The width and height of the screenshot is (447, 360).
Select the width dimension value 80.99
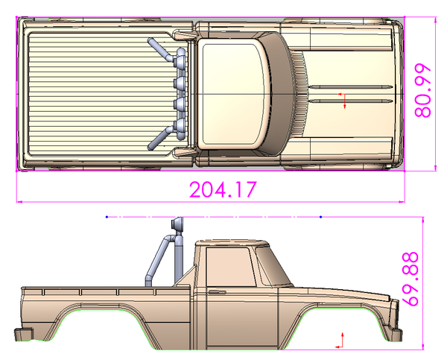pyautogui.click(x=423, y=89)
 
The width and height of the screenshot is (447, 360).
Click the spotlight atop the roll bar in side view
pyautogui.click(x=177, y=224)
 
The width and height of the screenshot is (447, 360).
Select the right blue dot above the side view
pyautogui.click(x=321, y=217)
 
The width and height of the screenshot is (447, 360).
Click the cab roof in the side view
pyautogui.click(x=231, y=242)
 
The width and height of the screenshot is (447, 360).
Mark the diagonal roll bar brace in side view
pyautogui.click(x=156, y=261)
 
